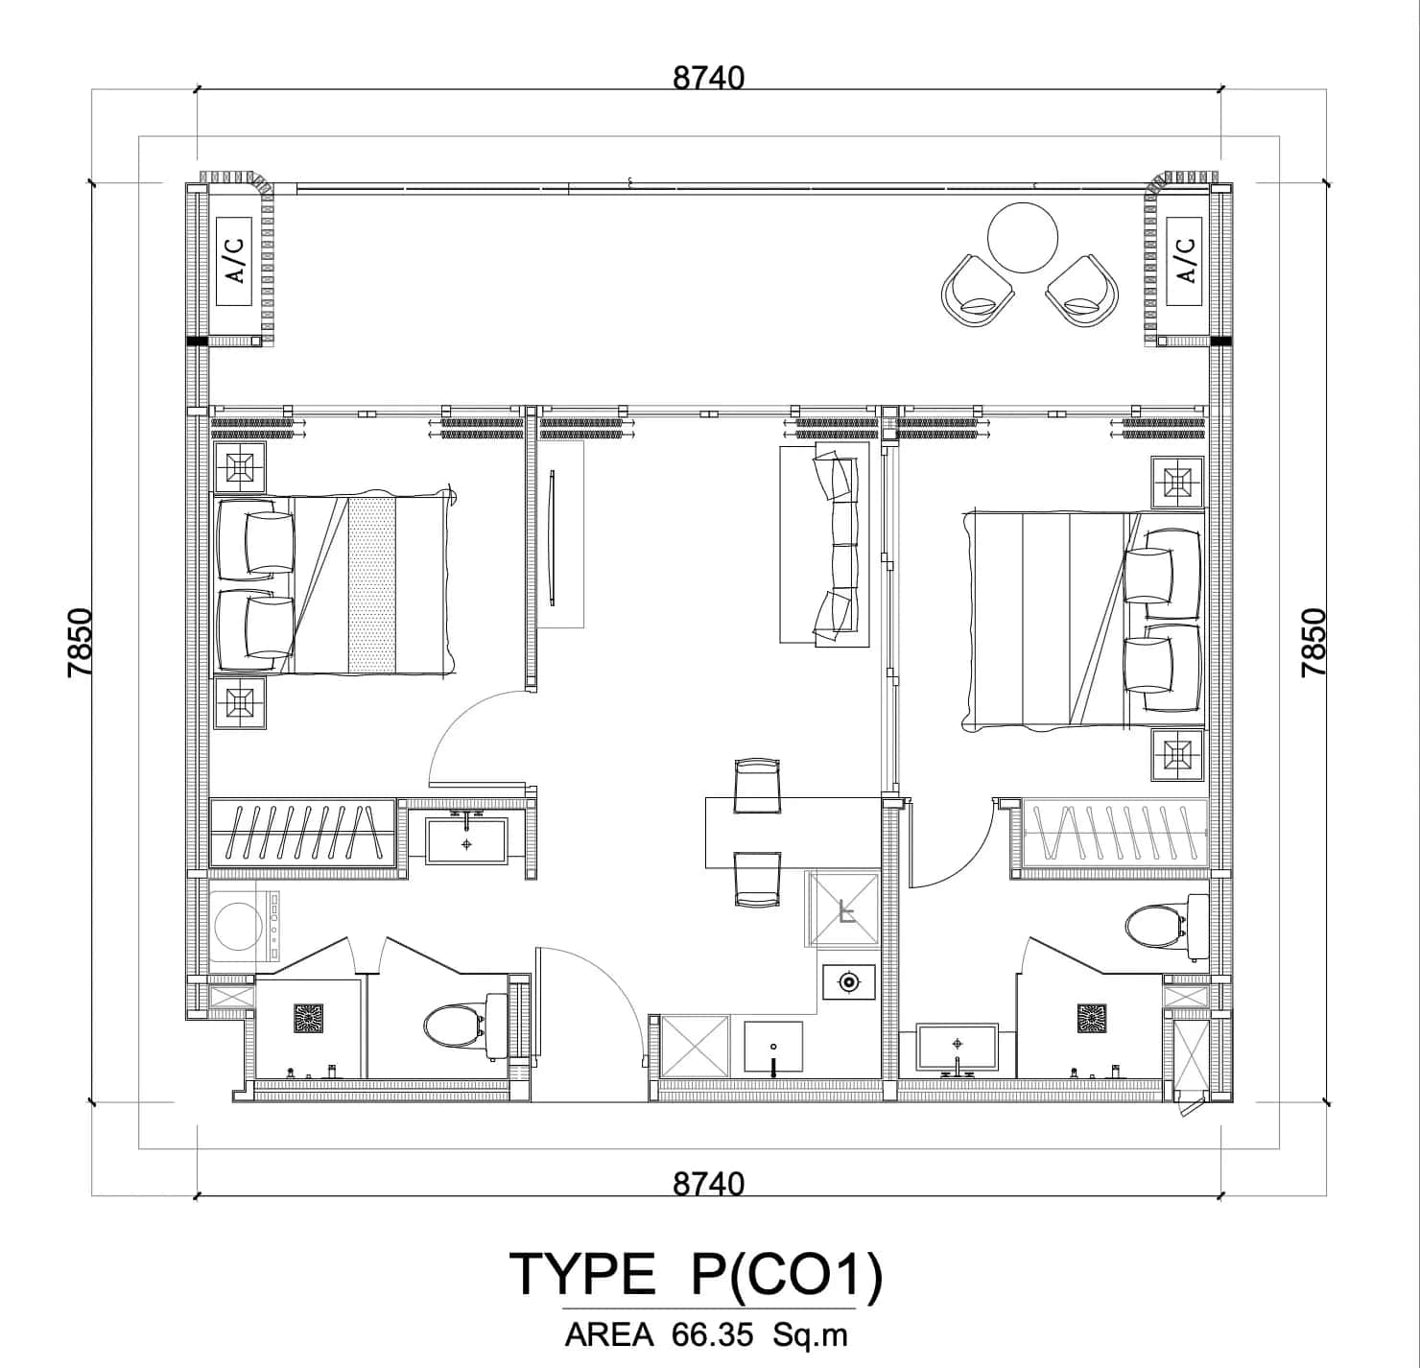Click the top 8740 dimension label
(708, 77)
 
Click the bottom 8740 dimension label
(708, 1183)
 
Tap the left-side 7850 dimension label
(81, 642)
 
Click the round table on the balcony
(1023, 238)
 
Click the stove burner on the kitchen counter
(847, 982)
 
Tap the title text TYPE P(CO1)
(695, 1275)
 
